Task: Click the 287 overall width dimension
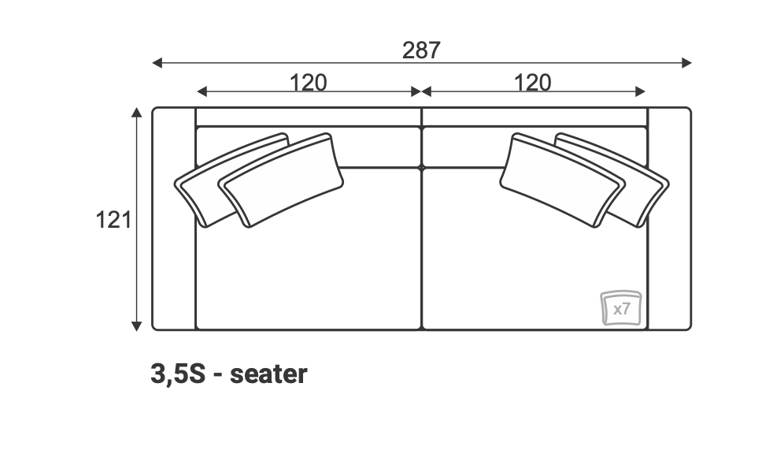[x=421, y=50]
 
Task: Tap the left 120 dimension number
[x=308, y=83]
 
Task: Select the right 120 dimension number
[x=532, y=83]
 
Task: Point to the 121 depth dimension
[x=113, y=220]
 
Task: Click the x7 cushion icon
[x=621, y=308]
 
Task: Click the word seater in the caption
[x=268, y=374]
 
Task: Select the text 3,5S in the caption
[x=177, y=374]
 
